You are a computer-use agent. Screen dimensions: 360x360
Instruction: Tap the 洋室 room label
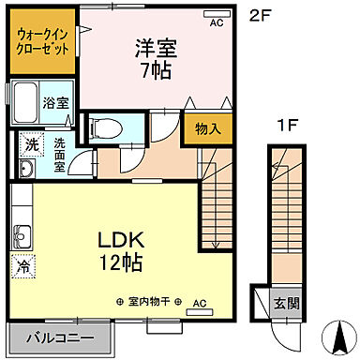point(157,47)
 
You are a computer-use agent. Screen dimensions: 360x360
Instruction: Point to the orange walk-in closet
point(41,41)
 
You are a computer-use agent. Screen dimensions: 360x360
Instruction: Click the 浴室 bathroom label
point(55,103)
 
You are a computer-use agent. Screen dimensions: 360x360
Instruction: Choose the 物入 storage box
point(207,127)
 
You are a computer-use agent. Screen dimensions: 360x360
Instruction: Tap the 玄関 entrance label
point(286,302)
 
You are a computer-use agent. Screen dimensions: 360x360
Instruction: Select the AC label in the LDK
point(199,303)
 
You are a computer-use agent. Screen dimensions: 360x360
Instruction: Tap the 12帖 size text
point(123,263)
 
